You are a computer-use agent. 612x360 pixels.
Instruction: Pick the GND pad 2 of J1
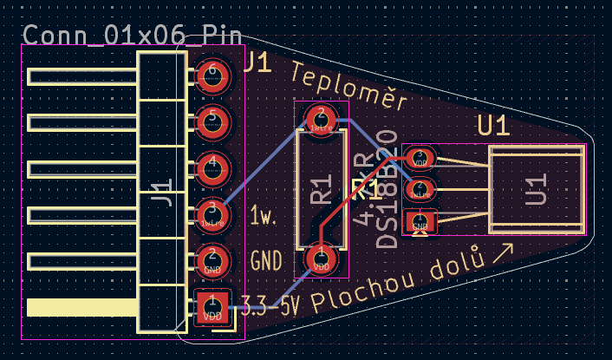[x=212, y=259]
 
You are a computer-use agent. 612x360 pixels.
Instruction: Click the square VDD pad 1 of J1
[x=212, y=306]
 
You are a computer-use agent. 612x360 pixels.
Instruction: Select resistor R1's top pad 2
[x=321, y=119]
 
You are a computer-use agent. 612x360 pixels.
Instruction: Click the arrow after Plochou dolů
[x=502, y=253]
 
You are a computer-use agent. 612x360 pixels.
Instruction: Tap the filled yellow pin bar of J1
[x=82, y=307]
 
